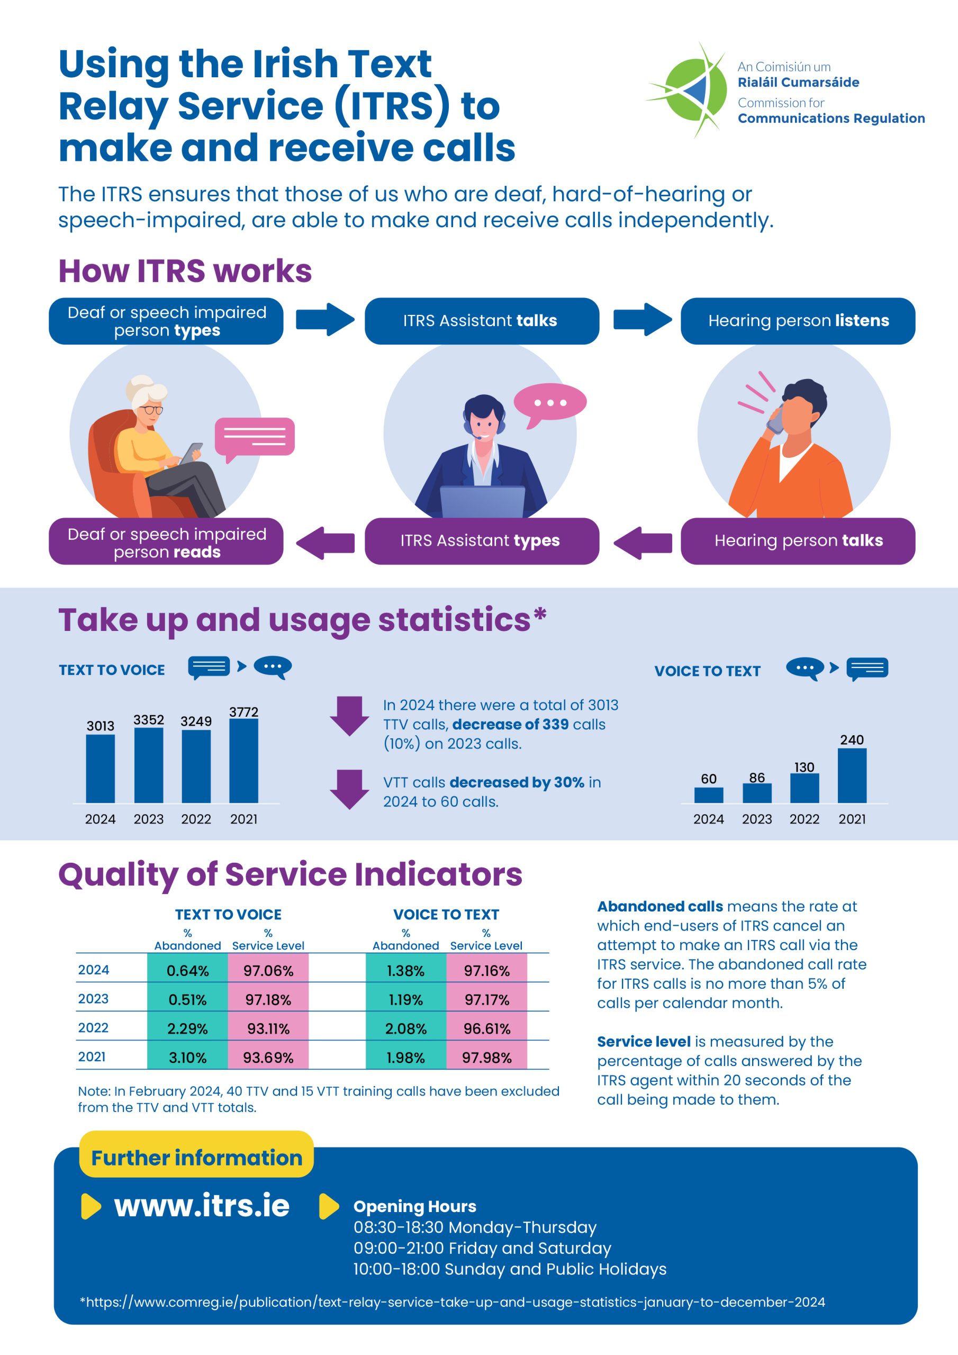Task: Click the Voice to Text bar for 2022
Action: pyautogui.click(x=804, y=788)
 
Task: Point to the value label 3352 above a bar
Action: pyautogui.click(x=148, y=719)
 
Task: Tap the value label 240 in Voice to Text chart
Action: pyautogui.click(x=852, y=739)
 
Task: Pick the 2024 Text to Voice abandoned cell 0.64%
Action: pyautogui.click(x=187, y=970)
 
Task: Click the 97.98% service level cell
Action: pyautogui.click(x=486, y=1057)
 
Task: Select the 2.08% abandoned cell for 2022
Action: pyautogui.click(x=405, y=1028)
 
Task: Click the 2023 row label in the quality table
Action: pyautogui.click(x=93, y=999)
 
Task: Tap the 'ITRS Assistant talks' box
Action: pyautogui.click(x=481, y=320)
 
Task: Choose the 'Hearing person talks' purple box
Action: pyautogui.click(x=798, y=540)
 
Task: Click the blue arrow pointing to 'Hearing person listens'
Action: pyautogui.click(x=642, y=319)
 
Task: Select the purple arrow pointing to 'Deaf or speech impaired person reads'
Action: pyautogui.click(x=326, y=542)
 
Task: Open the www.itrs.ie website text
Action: pyautogui.click(x=202, y=1205)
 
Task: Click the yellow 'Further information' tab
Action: pyautogui.click(x=196, y=1157)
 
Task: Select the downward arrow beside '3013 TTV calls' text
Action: pyautogui.click(x=349, y=716)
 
